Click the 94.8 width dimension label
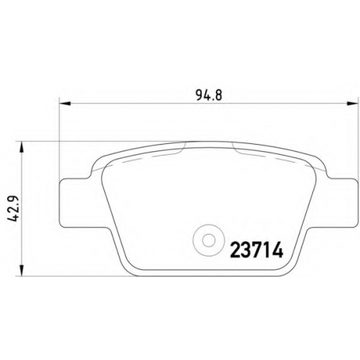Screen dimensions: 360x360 (x=210, y=96)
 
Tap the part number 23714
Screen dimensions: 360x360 (x=256, y=250)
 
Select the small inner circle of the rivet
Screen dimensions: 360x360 (x=209, y=240)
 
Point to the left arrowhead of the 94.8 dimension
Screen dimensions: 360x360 (x=65, y=104)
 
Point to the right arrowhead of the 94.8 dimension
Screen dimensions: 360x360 (x=353, y=104)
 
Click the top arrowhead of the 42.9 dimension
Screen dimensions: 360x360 (x=22, y=147)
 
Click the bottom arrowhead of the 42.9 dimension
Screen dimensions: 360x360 (x=22, y=270)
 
